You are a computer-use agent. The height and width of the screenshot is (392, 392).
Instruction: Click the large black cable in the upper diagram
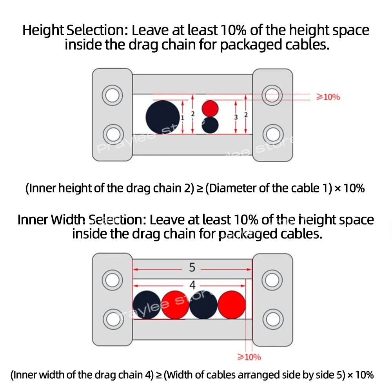click(x=163, y=117)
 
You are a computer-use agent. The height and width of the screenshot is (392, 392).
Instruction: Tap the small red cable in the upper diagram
click(x=210, y=109)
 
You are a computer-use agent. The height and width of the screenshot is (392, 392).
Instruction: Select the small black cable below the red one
click(x=210, y=125)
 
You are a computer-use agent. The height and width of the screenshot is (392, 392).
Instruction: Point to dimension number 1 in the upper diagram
click(x=183, y=118)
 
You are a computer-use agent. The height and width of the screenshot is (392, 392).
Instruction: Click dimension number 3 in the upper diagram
click(x=236, y=117)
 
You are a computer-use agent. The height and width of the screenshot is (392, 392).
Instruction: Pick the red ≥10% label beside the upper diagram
click(x=328, y=97)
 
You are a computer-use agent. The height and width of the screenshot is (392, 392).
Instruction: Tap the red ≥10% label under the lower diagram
click(x=249, y=357)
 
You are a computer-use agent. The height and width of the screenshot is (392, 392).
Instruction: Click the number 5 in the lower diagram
click(x=192, y=267)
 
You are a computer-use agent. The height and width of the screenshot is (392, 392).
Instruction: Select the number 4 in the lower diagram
click(x=192, y=285)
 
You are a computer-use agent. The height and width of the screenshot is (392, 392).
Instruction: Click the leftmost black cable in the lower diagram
click(x=147, y=305)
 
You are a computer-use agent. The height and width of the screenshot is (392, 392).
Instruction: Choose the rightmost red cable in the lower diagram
click(x=232, y=305)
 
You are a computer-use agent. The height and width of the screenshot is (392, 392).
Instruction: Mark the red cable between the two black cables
click(x=175, y=305)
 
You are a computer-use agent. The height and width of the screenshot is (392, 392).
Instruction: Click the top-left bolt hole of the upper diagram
click(x=112, y=95)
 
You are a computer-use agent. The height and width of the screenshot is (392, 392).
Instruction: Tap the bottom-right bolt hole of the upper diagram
click(x=273, y=134)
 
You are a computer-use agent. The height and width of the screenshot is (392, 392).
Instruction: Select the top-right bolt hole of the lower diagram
click(x=272, y=280)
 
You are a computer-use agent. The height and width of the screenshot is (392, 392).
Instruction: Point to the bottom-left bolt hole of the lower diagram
click(x=113, y=319)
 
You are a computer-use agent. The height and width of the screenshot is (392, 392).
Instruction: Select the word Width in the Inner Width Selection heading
click(x=68, y=220)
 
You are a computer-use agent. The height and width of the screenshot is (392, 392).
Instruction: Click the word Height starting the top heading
click(x=43, y=30)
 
